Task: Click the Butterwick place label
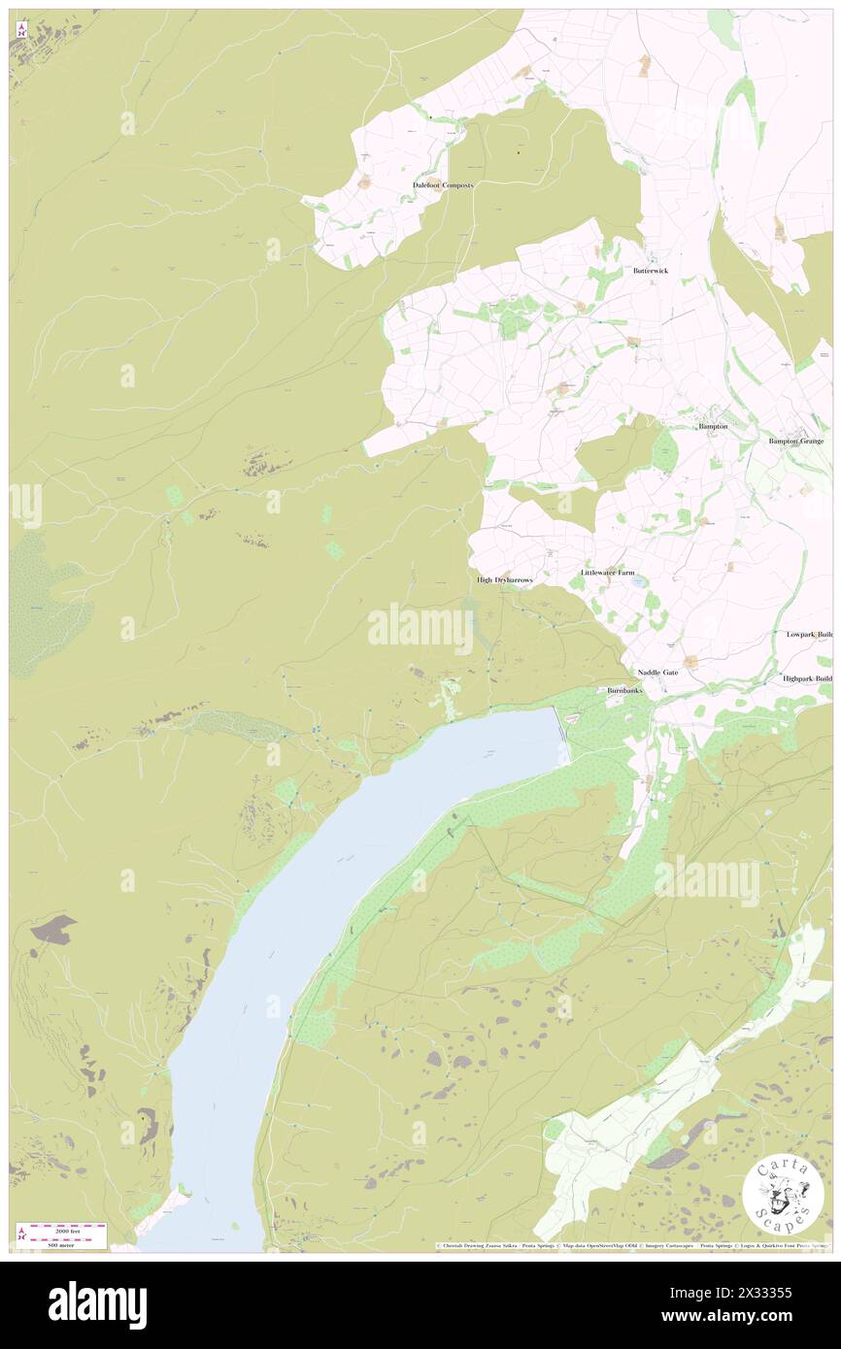tap(651, 271)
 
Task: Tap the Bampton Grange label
tap(796, 441)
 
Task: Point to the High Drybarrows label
tap(505, 579)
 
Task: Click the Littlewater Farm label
tap(607, 573)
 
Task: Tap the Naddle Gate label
tap(657, 673)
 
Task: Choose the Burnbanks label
tap(624, 690)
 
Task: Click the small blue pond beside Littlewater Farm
tap(637, 583)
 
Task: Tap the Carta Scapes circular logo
tap(783, 1195)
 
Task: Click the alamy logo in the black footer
tap(97, 1304)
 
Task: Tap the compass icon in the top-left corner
tap(21, 31)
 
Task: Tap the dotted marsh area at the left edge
tap(44, 602)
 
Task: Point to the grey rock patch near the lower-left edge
tap(52, 929)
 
